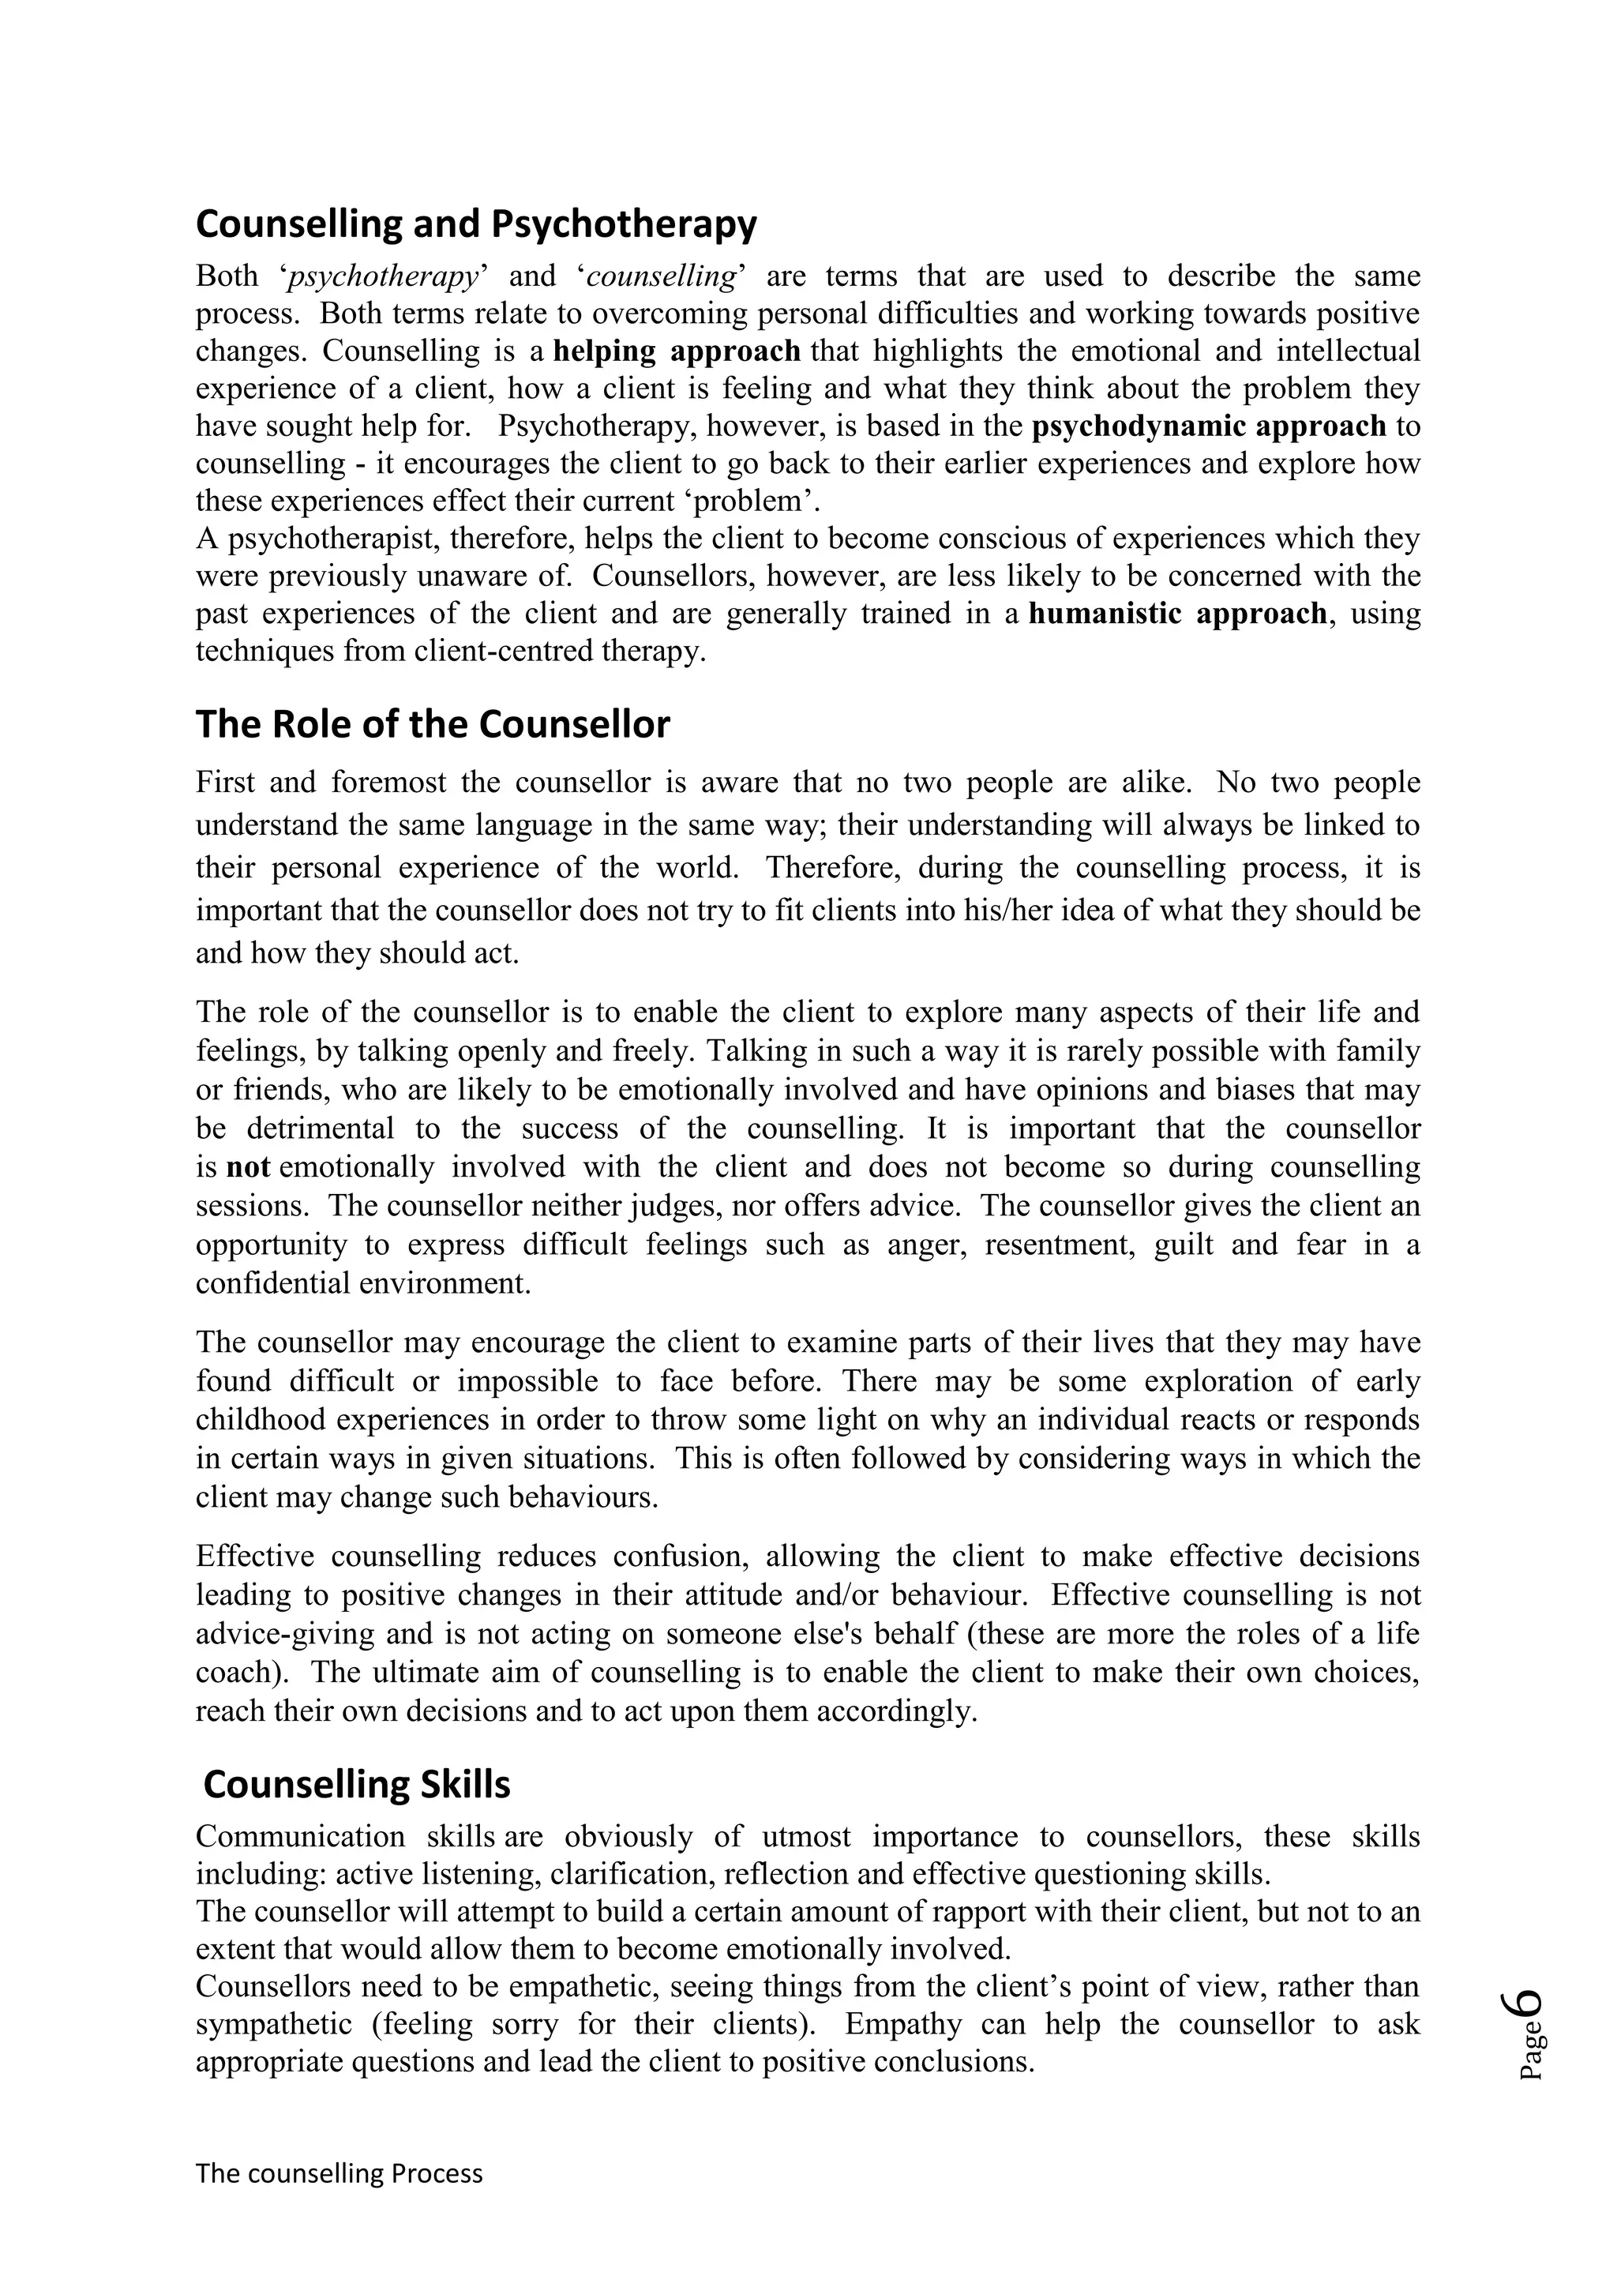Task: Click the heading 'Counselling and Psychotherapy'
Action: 476,224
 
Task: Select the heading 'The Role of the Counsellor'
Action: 432,724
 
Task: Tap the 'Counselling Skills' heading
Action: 356,1784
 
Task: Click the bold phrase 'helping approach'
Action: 677,351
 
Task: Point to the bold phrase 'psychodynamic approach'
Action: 1209,426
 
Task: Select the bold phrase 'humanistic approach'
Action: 1178,614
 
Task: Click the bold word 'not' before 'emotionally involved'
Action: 248,1167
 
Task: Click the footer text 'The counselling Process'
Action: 339,2173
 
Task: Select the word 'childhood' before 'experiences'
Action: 259,1419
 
